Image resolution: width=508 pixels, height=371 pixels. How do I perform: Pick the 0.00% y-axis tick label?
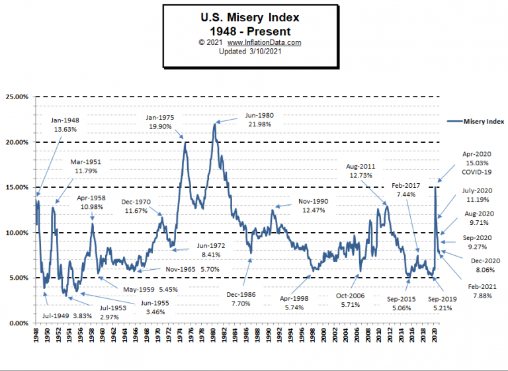pos(19,323)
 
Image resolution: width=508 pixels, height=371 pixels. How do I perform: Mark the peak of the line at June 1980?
pos(215,124)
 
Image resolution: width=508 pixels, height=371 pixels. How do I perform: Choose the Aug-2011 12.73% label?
pos(364,171)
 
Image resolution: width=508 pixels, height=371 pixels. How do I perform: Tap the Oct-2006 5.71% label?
pos(347,302)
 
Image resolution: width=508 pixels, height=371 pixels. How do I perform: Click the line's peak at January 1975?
pos(185,143)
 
